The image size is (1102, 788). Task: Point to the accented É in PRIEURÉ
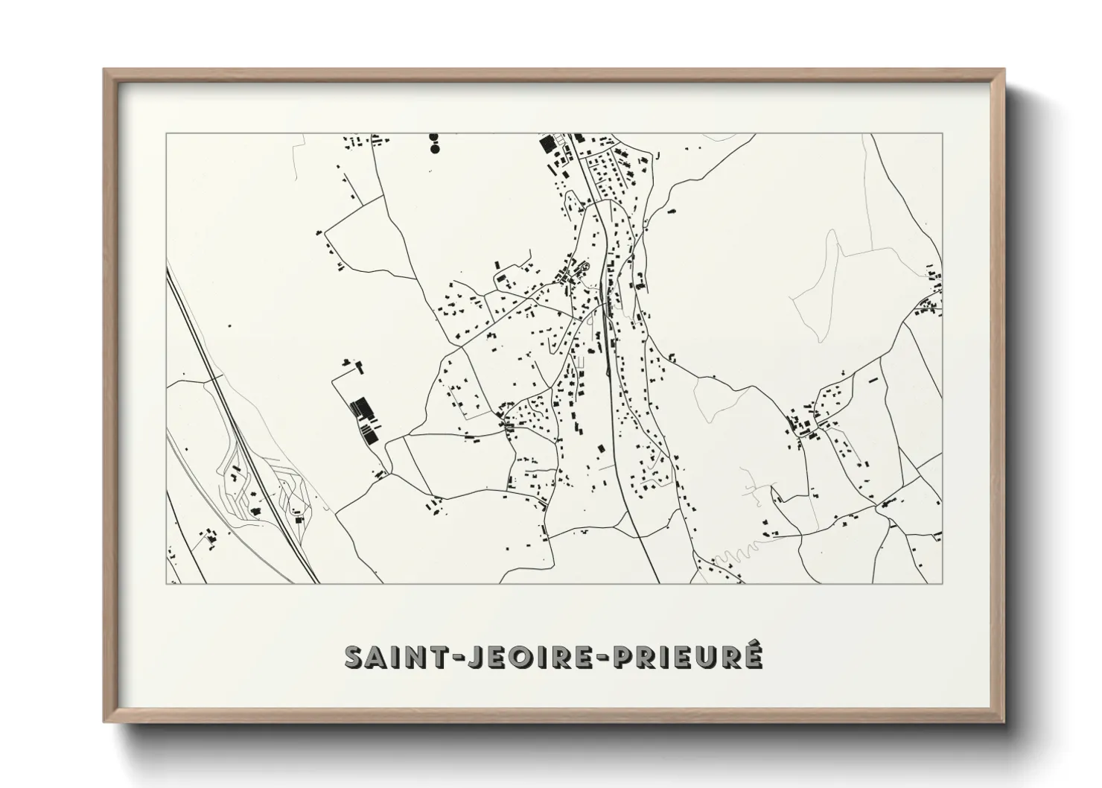752,655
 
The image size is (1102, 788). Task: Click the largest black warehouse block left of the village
363,407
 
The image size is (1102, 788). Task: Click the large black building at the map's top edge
547,142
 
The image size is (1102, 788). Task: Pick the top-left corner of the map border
166,133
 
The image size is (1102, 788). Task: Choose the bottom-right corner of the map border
942,583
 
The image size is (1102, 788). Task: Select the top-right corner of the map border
942,133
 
